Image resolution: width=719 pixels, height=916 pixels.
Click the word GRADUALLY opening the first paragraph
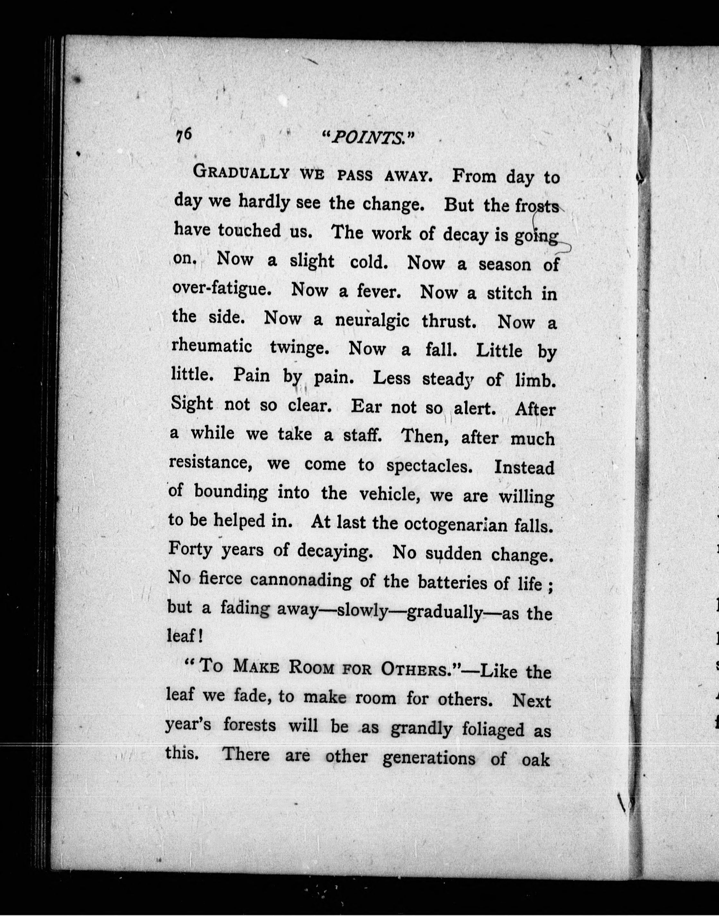tap(241, 173)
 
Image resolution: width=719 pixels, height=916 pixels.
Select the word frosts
tap(537, 207)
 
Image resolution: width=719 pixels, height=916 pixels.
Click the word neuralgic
tap(372, 320)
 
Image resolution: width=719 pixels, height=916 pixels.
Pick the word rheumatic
tap(212, 347)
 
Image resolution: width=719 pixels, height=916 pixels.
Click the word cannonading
tap(300, 581)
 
